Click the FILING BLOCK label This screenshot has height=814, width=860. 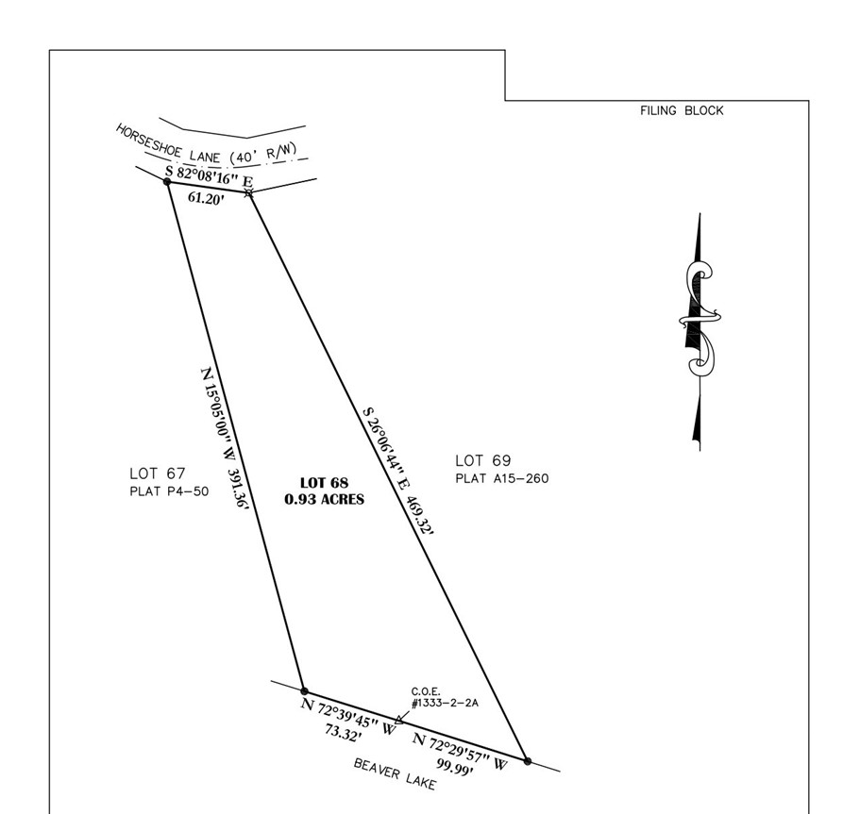point(682,110)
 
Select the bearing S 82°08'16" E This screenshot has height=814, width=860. point(210,175)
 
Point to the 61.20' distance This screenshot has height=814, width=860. point(206,198)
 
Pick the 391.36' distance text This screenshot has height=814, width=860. point(239,489)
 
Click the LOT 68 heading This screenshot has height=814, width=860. point(324,483)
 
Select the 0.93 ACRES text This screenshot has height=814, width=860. point(324,499)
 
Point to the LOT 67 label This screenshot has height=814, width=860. point(158,473)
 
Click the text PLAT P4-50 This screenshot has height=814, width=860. point(169,491)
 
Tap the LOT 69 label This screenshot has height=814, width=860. point(482,460)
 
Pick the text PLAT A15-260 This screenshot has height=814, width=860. point(502,478)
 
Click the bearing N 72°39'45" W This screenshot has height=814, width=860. point(348,717)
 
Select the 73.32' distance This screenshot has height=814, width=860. point(343,733)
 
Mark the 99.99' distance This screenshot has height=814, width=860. point(455,766)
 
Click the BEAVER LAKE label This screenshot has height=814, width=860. point(395,774)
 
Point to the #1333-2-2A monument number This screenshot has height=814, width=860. point(445,703)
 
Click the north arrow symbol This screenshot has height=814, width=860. point(699,332)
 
